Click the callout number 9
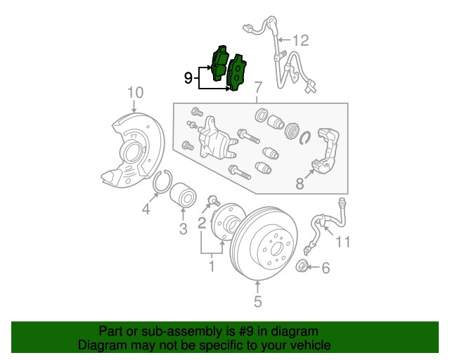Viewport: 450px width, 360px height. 188,78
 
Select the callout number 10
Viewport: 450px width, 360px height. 135,93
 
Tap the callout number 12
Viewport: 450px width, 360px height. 300,40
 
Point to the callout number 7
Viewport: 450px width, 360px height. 258,87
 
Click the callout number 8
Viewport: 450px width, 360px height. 300,184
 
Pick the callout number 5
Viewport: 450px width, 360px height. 258,302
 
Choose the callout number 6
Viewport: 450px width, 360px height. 326,268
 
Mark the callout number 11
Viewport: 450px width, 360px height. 343,242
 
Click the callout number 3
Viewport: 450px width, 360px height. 183,229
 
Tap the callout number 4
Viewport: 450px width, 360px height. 146,209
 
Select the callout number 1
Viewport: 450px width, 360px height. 212,266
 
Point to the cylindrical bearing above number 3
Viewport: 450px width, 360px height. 183,195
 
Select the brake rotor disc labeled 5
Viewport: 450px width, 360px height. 264,243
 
